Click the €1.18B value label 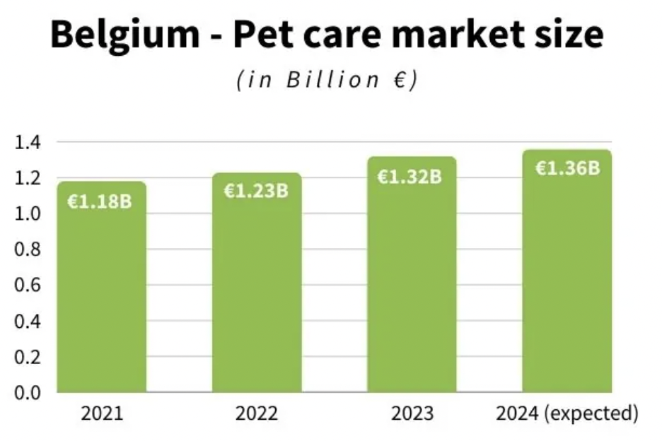tap(99, 201)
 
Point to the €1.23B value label tap(256, 191)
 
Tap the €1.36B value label tap(567, 168)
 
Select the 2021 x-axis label tap(102, 413)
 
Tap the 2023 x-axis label tap(412, 413)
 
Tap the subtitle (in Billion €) tap(327, 80)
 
